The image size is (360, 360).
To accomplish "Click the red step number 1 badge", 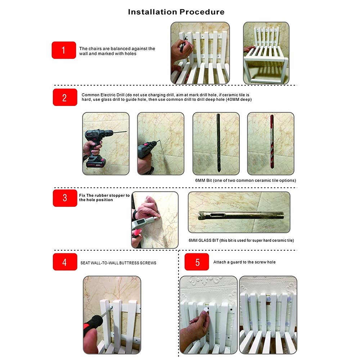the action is [x=64, y=50].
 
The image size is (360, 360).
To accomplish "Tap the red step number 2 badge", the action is [x=65, y=97].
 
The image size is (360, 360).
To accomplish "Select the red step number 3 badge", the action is [x=65, y=198].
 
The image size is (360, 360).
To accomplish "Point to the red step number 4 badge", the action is [x=65, y=262].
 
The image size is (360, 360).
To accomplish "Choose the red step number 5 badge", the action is [x=197, y=262].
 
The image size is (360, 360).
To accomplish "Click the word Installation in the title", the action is [x=152, y=12].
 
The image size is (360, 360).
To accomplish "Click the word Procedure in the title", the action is [x=202, y=12].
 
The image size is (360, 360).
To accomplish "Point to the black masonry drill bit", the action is [x=219, y=143].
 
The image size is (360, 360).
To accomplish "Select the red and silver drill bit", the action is [x=272, y=141].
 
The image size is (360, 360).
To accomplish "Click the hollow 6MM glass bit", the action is [x=241, y=215].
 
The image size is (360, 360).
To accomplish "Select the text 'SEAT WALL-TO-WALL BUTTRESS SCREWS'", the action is [x=118, y=263].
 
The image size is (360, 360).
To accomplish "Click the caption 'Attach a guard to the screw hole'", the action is [x=244, y=262].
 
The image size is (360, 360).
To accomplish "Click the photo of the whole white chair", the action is [x=266, y=53].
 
